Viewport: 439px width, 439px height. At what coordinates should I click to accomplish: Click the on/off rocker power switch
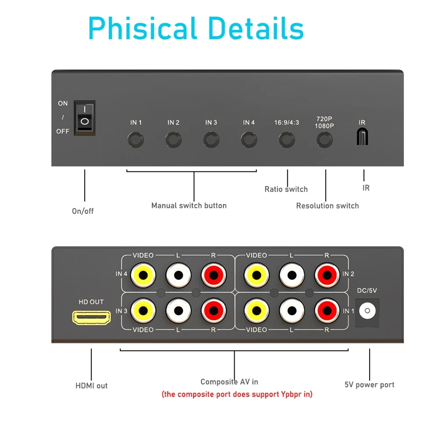click(x=84, y=116)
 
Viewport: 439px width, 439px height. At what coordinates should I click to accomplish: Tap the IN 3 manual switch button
click(x=211, y=140)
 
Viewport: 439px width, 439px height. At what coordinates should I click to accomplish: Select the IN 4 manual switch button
click(x=249, y=140)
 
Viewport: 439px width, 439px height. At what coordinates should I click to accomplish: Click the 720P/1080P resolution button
click(x=325, y=140)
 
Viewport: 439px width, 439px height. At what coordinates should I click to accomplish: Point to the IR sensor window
click(x=362, y=137)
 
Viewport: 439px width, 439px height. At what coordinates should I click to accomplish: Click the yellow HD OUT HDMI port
click(x=91, y=318)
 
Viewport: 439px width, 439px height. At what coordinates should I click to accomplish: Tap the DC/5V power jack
click(x=367, y=311)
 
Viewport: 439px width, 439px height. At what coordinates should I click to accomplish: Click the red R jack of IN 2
click(x=327, y=275)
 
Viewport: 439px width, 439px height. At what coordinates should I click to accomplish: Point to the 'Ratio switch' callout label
click(x=286, y=189)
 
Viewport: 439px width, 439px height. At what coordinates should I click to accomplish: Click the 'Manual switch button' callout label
click(x=189, y=205)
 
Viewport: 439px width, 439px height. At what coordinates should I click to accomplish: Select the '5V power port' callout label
click(x=369, y=385)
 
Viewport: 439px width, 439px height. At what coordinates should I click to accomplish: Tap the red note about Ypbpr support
click(x=237, y=394)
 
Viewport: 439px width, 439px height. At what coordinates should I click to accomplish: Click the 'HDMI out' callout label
click(x=91, y=386)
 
